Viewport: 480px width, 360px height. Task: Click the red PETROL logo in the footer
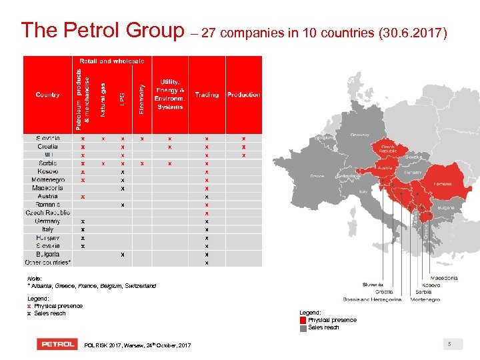pos(56,344)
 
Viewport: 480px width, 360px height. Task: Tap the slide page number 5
pos(450,344)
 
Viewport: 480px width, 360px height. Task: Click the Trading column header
pos(207,95)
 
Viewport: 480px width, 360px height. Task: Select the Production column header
pos(243,95)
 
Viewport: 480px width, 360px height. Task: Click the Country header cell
pos(47,95)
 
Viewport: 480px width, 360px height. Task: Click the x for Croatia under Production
pos(243,147)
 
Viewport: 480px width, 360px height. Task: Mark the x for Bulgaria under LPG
pos(122,254)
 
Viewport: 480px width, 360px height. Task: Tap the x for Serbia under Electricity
pos(142,163)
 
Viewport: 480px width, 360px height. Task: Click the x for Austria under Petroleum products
pos(83,197)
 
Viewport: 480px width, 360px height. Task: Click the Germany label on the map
pos(359,134)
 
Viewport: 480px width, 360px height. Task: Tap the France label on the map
pos(317,176)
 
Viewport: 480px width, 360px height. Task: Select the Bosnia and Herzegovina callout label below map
pos(373,300)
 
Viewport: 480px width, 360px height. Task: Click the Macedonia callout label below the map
pos(425,277)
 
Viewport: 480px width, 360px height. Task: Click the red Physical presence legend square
pos(303,320)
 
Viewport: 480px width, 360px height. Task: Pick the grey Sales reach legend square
pos(303,327)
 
